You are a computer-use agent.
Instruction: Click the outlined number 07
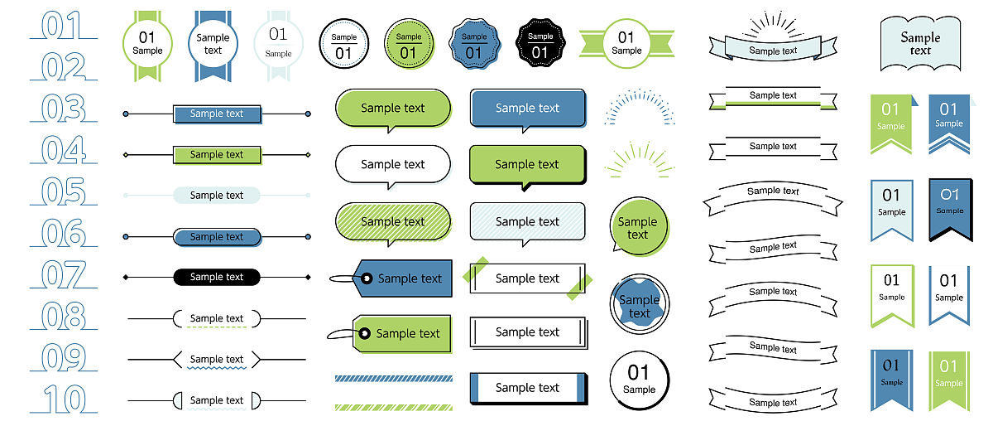[63, 274]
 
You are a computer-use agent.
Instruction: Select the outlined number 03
[63, 109]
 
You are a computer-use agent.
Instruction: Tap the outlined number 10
[63, 399]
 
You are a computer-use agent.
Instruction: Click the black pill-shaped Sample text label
[217, 277]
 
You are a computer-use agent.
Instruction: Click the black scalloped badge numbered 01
[540, 44]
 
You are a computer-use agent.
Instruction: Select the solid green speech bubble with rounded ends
[392, 109]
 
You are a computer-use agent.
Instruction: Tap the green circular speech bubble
[638, 226]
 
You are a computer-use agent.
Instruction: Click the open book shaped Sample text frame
[920, 43]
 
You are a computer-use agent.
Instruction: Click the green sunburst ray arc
[639, 160]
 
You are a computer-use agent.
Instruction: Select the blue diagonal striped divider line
[394, 378]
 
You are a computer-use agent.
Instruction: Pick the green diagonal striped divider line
[394, 407]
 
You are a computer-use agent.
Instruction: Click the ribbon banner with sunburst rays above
[773, 47]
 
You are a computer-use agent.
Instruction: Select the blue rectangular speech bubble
[527, 109]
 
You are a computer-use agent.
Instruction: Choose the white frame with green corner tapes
[527, 278]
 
